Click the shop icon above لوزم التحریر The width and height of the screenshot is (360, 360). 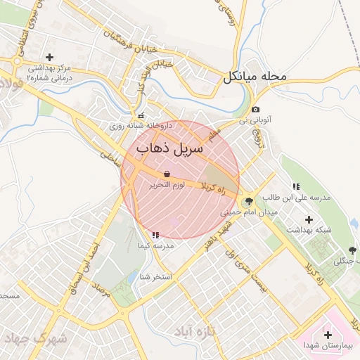(167, 174)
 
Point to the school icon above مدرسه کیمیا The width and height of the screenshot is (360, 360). (155, 235)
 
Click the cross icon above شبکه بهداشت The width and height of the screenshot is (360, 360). (309, 219)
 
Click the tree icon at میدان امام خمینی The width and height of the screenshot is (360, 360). (249, 200)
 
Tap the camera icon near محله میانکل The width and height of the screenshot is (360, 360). (255, 110)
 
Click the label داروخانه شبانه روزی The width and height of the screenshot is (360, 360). (140, 127)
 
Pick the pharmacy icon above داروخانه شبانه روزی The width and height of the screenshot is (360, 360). (141, 116)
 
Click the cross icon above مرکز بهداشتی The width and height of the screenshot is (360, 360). (49, 57)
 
